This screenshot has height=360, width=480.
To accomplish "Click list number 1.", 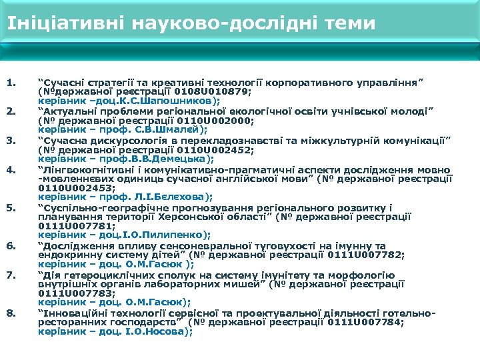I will coord(10,83).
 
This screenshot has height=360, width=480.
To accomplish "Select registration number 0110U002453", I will coord(66,188).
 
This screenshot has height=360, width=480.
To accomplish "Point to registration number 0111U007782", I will coord(361,255).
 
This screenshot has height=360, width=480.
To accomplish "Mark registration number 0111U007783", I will coord(67,293).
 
